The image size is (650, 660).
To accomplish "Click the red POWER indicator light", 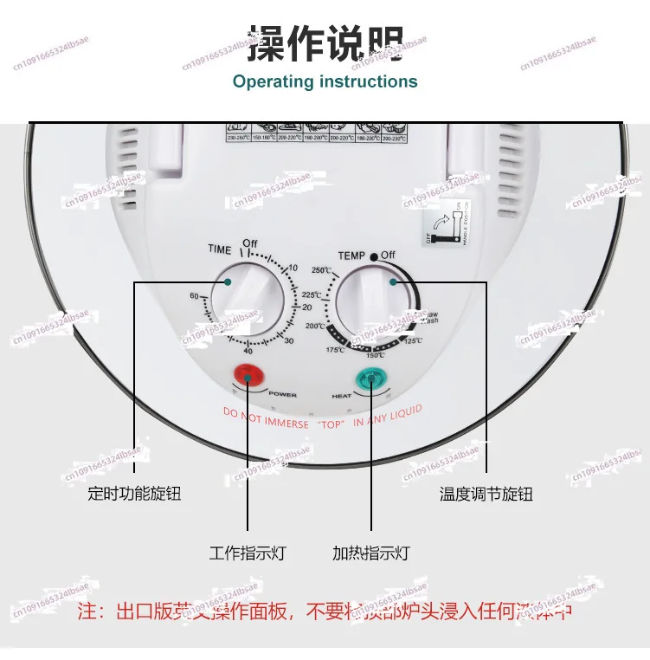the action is point(248,375).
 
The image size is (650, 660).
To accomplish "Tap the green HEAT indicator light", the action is point(372,379).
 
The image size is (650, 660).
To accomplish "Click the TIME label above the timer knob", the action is point(220,249).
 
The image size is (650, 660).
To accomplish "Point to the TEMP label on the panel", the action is point(351,256).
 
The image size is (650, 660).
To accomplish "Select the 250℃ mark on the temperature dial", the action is point(322,270).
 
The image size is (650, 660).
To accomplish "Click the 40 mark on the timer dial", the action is point(248,351).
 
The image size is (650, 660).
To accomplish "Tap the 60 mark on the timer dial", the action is point(194,296).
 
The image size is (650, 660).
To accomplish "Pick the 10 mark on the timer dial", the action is point(293,268).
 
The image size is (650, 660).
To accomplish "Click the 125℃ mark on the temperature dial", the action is point(414,340).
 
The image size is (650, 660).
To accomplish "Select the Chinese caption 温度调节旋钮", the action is point(486,495).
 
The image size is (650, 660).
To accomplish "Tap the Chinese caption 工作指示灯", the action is point(248,553).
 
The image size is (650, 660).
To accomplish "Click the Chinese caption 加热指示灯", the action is point(371,553).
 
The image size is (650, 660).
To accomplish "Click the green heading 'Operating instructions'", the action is point(325,82).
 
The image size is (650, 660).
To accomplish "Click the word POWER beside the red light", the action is point(282,394).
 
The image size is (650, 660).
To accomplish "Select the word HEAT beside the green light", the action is point(342,395).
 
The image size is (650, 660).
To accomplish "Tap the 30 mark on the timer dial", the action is point(290,340).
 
